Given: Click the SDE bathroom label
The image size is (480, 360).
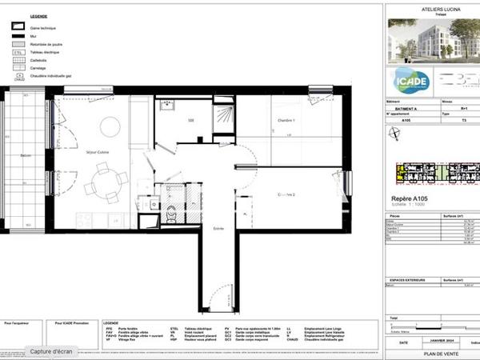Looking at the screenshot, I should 191,120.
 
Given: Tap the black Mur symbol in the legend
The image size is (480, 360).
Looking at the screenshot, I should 19,36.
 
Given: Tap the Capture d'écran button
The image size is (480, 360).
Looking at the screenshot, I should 51,350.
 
